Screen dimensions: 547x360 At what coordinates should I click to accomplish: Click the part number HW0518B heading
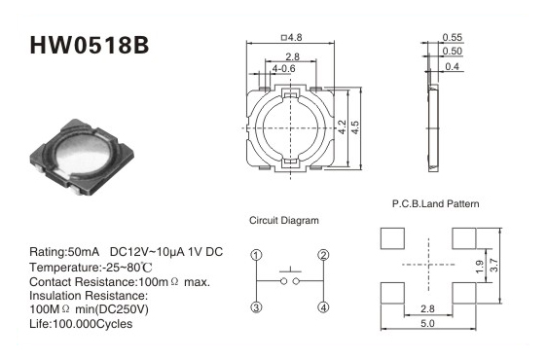point(90,45)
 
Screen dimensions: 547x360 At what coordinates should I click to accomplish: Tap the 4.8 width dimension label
point(292,37)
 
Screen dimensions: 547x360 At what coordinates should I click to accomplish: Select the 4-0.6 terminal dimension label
point(283,69)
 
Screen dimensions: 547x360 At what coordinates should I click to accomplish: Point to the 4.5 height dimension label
point(355,127)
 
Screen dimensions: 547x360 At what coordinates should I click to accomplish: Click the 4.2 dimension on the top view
point(343,127)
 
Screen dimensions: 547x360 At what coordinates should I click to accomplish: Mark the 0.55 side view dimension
point(453,37)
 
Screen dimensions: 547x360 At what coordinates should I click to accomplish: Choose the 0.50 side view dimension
point(453,51)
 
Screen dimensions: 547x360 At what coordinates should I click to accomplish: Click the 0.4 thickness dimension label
point(453,66)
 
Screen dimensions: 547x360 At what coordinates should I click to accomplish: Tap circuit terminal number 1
point(256,255)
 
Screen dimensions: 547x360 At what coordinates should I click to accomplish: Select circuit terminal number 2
point(323,255)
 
